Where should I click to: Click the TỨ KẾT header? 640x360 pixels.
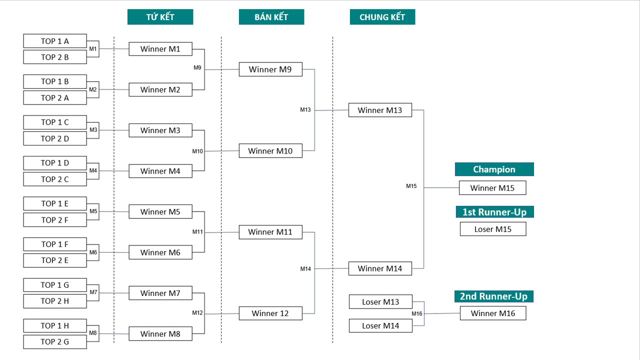[x=160, y=17]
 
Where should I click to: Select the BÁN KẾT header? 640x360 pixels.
[x=271, y=17]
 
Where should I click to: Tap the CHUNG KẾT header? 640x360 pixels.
[x=382, y=17]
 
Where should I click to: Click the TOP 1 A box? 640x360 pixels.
[x=55, y=41]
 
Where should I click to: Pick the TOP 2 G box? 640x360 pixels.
[x=55, y=341]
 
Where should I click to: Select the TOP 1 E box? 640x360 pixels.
[x=55, y=203]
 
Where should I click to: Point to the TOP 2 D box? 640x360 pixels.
[x=55, y=138]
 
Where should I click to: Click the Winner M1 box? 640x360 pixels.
[x=160, y=49]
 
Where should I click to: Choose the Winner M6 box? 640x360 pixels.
[x=160, y=252]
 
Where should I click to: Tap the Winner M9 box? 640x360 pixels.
[x=270, y=69]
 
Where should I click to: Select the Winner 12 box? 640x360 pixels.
[x=270, y=313]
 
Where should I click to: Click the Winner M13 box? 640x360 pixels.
[x=380, y=110]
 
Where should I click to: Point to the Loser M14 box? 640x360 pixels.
[x=380, y=325]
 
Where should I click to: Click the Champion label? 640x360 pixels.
[x=494, y=169]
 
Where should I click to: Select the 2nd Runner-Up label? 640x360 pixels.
[x=493, y=296]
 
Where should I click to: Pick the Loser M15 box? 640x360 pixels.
[x=493, y=229]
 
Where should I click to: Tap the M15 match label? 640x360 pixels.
[x=411, y=186]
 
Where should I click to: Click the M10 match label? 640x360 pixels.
[x=197, y=151]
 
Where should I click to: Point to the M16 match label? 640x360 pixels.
[x=417, y=313]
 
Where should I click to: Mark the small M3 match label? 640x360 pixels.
[x=93, y=130]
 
